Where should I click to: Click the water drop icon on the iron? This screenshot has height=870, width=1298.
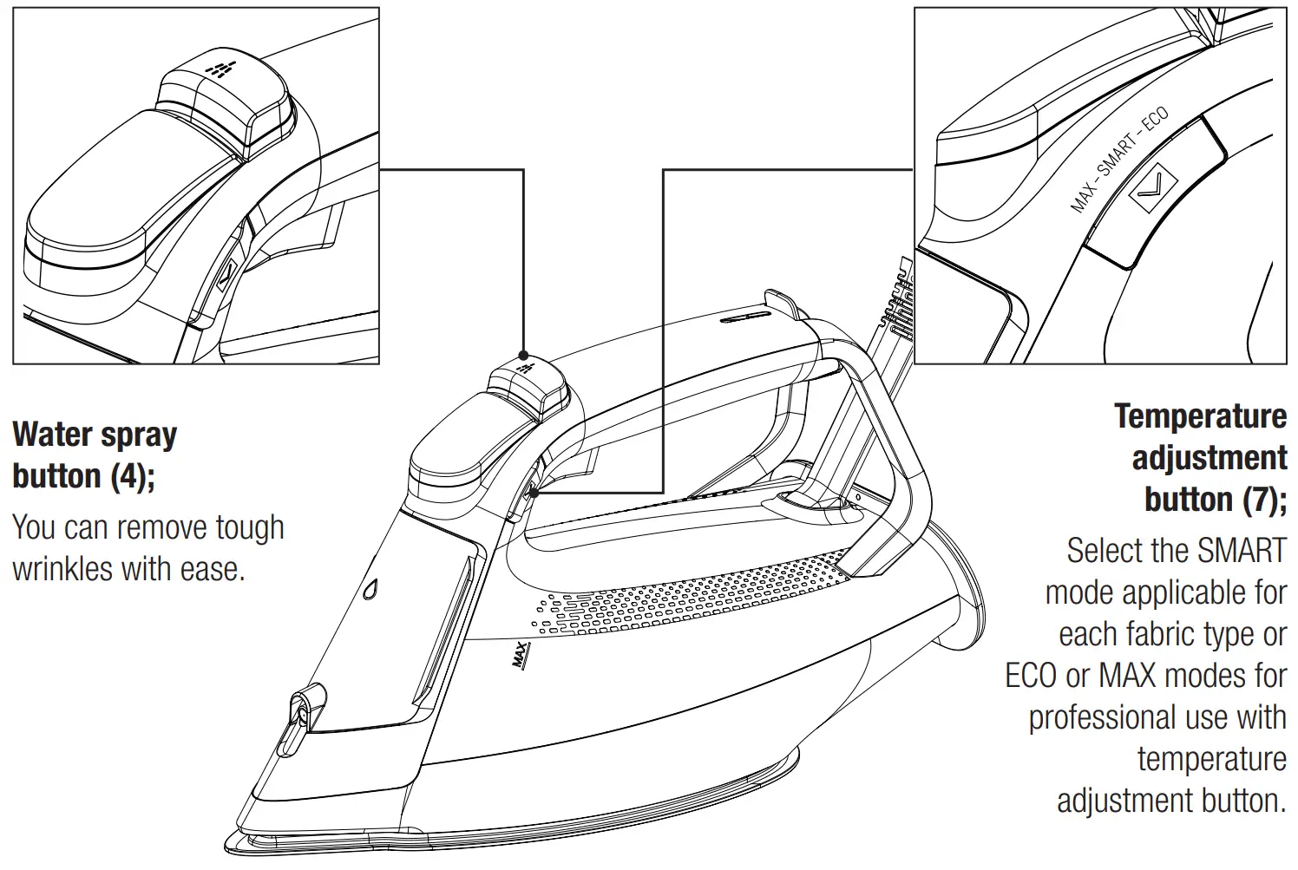coord(371,587)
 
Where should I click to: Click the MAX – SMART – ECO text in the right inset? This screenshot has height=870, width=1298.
coord(1119,160)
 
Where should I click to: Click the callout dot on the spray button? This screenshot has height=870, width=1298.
coord(522,355)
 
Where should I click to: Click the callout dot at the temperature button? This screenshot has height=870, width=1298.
coord(532,493)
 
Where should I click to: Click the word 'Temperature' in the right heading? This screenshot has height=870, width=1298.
coord(1200,416)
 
